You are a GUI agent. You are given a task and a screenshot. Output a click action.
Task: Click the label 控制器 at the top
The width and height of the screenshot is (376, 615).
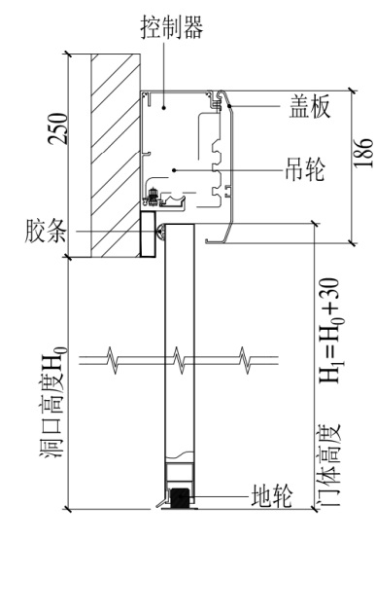[172, 27]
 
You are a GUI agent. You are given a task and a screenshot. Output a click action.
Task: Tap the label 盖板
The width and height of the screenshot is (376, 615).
[309, 106]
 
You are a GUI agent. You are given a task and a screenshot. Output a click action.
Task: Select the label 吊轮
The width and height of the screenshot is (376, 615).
[305, 169]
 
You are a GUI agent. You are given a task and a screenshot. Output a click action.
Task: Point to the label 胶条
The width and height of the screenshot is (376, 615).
[46, 231]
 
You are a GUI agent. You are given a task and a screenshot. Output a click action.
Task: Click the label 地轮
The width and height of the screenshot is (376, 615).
[272, 495]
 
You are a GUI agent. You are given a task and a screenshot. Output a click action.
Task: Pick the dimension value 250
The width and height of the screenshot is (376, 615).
[57, 128]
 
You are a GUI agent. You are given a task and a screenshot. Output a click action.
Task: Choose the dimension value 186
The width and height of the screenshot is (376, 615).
[363, 153]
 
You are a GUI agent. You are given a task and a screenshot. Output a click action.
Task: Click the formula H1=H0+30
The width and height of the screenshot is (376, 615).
[330, 330]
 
